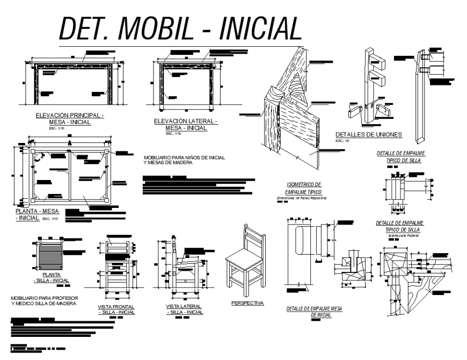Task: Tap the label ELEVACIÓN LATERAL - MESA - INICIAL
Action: [x=186, y=125]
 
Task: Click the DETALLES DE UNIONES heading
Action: [x=368, y=135]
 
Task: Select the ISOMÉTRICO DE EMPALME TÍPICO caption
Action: [x=303, y=188]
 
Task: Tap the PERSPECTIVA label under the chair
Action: [x=247, y=303]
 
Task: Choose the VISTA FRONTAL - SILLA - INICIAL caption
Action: [x=116, y=309]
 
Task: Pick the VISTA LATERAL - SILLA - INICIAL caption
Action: [x=184, y=309]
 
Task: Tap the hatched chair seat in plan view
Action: [x=51, y=253]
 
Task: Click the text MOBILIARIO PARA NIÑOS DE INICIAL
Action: [x=184, y=157]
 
